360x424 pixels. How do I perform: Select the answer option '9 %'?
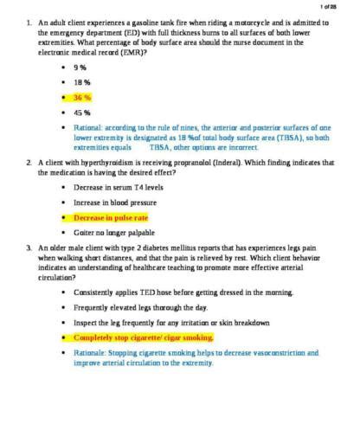coord(81,67)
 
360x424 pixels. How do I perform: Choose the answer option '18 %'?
coord(82,82)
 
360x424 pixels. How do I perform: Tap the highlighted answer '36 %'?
coord(82,98)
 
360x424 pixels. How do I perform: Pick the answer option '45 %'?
coord(82,112)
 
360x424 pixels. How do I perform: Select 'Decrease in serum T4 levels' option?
coord(118,187)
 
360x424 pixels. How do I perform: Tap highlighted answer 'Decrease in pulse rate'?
coord(111,218)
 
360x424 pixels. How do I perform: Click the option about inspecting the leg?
coord(171,323)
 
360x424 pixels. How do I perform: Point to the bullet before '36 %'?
coord(64,98)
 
